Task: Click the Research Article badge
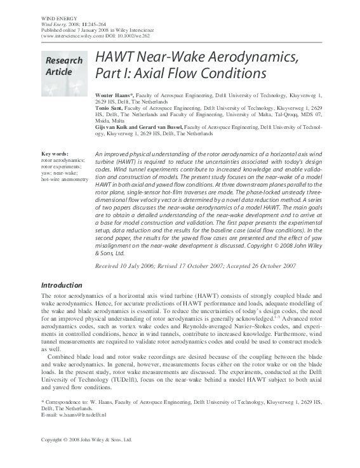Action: point(63,66)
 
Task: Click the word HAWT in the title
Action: point(114,58)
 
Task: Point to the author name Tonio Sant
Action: point(110,109)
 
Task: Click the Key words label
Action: point(55,154)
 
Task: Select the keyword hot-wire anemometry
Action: point(65,180)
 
